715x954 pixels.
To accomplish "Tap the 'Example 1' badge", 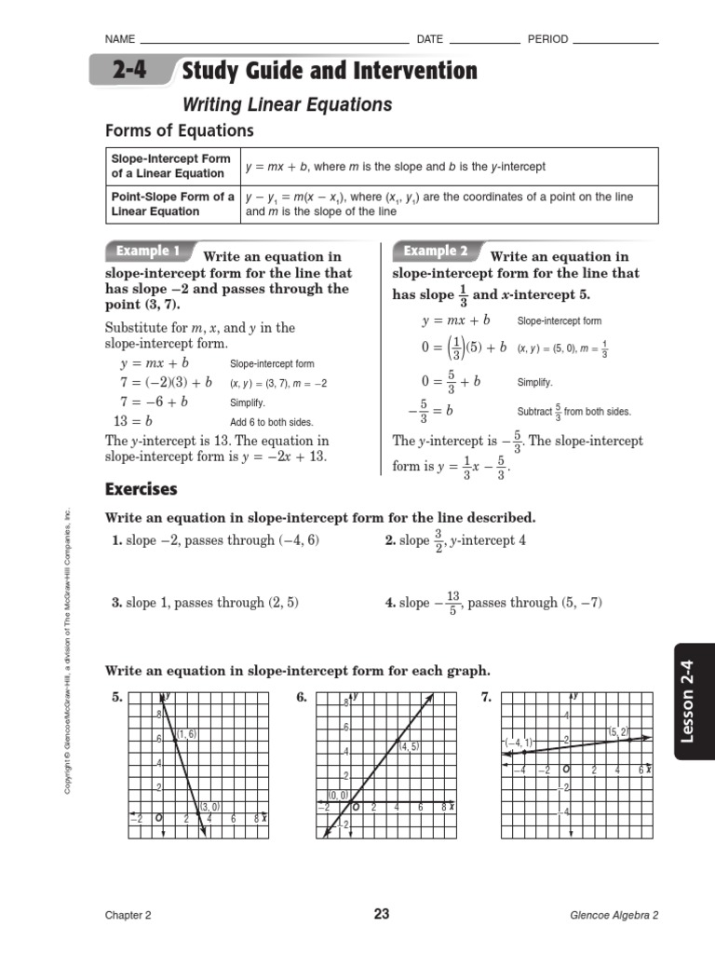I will (x=148, y=252).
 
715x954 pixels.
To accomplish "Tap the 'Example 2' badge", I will (x=436, y=252).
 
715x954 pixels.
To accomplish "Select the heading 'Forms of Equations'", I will (x=179, y=130).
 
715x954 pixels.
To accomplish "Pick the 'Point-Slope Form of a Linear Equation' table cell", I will (x=171, y=204).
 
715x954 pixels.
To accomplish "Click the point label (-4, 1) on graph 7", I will (x=518, y=743).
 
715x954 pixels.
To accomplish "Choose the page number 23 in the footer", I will (x=382, y=914).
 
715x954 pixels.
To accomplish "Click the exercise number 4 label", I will (x=390, y=603).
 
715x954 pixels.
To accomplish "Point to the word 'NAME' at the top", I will (x=120, y=39).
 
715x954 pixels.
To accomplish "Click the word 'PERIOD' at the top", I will (x=547, y=39).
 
